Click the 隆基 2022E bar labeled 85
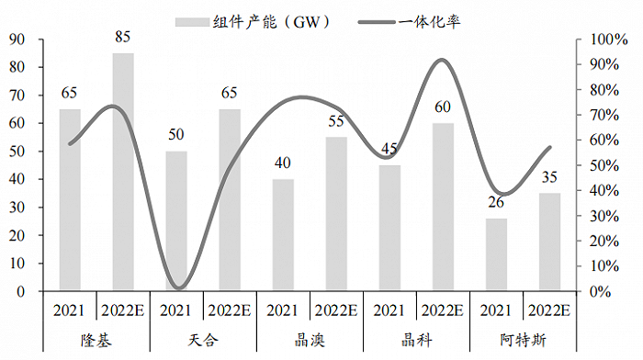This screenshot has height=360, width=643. click(123, 173)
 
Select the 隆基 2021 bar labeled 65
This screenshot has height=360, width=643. click(70, 200)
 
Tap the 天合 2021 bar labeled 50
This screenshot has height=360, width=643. click(176, 221)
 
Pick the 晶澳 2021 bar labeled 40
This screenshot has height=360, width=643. click(283, 235)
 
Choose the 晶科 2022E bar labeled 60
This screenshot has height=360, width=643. click(443, 208)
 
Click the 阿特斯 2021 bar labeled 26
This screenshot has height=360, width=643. click(496, 255)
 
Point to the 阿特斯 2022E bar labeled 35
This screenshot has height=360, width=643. click(549, 242)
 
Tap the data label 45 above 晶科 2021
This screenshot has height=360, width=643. click(389, 149)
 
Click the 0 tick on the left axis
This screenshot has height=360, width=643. click(20, 292)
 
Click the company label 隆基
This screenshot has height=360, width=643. click(96, 340)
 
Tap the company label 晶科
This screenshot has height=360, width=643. click(416, 340)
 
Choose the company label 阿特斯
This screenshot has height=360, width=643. click(523, 340)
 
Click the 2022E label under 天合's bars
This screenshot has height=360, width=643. click(230, 310)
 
